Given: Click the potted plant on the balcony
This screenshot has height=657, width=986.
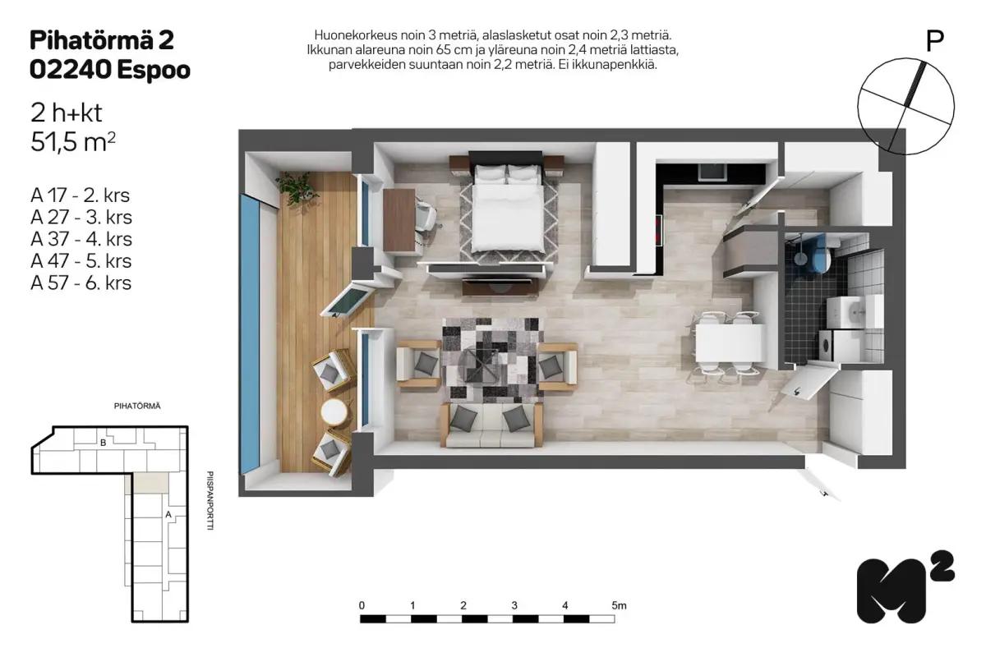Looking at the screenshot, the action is [x=297, y=186].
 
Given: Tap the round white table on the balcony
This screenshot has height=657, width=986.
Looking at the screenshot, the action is [x=334, y=412].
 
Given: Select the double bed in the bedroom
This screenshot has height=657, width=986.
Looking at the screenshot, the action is [x=507, y=207].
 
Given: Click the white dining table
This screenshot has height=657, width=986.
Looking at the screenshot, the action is [x=730, y=342].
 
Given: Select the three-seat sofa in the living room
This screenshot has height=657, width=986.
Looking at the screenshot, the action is [x=491, y=425].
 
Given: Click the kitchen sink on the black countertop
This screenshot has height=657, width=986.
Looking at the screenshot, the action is [x=711, y=172].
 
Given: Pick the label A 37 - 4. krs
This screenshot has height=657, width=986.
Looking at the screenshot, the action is [x=81, y=239].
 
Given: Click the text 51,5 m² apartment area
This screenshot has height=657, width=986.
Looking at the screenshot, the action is [x=73, y=142].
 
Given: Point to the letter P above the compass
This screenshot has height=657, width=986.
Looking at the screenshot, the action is [x=934, y=41].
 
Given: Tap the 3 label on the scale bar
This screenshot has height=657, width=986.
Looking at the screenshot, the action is [x=514, y=605].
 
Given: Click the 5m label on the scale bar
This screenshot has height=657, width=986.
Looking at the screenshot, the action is [x=619, y=605].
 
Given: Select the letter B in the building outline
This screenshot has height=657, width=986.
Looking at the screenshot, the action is [x=103, y=443].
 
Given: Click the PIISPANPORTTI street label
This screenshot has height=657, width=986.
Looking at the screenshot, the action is [x=210, y=500].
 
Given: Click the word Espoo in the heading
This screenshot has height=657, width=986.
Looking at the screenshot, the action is [x=154, y=70].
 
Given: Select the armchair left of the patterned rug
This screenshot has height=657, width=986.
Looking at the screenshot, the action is [x=418, y=365].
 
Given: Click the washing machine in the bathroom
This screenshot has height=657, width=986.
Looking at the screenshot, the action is [x=839, y=346].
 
